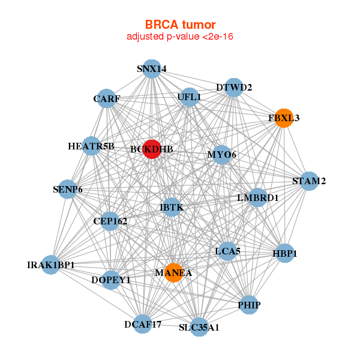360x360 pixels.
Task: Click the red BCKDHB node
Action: tap(152, 149)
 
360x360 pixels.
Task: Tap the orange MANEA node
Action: tap(173, 273)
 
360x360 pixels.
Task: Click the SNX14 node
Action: tap(152, 68)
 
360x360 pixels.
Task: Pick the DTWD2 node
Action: tap(233, 88)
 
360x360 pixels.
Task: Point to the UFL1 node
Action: tap(189, 97)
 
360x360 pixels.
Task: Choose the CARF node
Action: tap(106, 98)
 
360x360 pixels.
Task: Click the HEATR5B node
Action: tap(91, 146)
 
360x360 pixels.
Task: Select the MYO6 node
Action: tap(221, 155)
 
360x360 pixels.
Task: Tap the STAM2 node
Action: tap(308, 181)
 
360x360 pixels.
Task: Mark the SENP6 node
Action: tap(67, 190)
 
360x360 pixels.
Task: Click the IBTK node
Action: tap(171, 208)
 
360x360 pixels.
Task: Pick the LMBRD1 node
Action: tap(257, 197)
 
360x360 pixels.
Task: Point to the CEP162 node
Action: tap(110, 221)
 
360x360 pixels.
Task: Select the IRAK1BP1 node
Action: tap(50, 264)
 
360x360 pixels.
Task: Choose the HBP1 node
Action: tap(284, 253)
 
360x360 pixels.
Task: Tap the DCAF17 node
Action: tap(143, 325)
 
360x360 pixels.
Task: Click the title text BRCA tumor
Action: tap(179, 25)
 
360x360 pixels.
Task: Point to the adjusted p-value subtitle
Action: tap(179, 37)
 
